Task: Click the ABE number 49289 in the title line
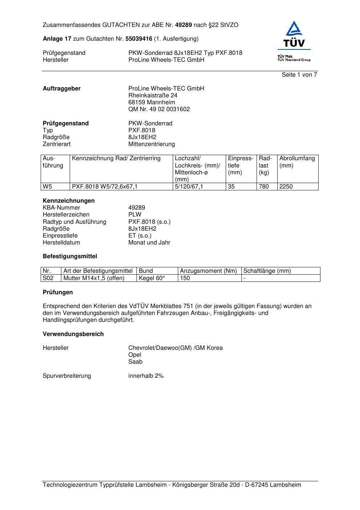click(183, 25)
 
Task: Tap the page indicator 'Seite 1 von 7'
click(299, 75)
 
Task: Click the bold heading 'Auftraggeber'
click(62, 89)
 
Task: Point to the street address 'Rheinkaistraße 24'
click(153, 96)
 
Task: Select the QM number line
click(159, 109)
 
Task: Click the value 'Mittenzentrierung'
click(151, 144)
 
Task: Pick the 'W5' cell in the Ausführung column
click(48, 187)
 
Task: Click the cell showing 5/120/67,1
click(189, 187)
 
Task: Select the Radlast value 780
click(264, 187)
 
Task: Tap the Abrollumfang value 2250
click(286, 187)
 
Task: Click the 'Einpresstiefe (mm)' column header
click(240, 165)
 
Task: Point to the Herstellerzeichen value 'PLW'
click(135, 215)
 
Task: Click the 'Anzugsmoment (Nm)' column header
click(208, 271)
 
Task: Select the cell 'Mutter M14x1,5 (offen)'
click(94, 278)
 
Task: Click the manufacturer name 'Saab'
click(135, 362)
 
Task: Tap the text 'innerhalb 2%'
click(146, 376)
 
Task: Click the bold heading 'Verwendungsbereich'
click(73, 334)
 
